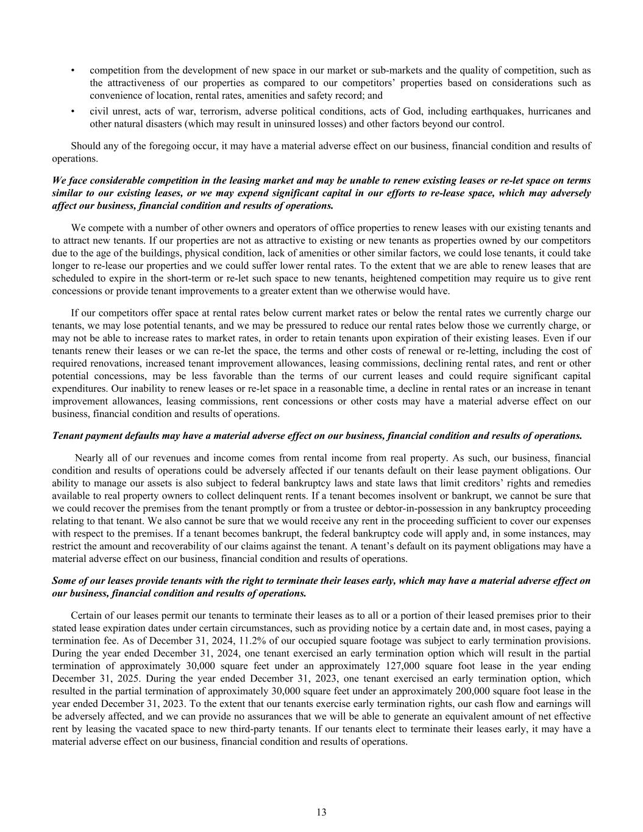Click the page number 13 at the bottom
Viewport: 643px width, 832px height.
(x=321, y=811)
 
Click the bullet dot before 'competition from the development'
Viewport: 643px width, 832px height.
(x=73, y=70)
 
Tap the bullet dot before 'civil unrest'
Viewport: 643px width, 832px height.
(x=73, y=111)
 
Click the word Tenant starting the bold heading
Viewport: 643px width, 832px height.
(x=67, y=436)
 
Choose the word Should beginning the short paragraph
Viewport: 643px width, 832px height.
(x=86, y=146)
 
